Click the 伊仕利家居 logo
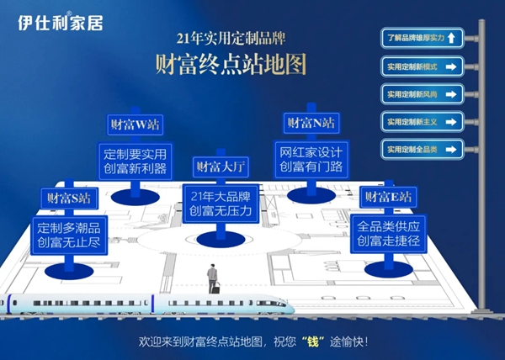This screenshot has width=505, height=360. [61, 22]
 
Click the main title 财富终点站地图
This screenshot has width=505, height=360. [231, 64]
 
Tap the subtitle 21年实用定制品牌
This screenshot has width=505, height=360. [231, 39]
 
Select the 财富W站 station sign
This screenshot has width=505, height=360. [136, 124]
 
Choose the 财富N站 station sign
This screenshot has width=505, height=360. [311, 123]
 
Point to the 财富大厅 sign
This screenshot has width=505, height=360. [221, 167]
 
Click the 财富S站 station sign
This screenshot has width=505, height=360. [69, 199]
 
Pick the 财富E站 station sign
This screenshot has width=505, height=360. [388, 197]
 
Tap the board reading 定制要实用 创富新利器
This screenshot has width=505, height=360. [136, 161]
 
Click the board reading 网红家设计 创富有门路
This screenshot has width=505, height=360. [311, 160]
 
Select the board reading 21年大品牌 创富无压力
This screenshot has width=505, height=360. [221, 204]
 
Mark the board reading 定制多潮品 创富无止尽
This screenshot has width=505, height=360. [69, 236]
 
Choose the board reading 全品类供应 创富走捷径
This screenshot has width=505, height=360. [388, 234]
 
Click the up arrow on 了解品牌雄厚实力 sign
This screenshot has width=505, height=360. [451, 38]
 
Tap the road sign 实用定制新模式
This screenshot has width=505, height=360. [423, 66]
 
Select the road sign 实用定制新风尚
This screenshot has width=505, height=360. [423, 94]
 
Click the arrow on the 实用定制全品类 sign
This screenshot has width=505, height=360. [451, 150]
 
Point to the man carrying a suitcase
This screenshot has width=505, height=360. [213, 278]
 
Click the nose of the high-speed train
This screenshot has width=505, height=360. [291, 307]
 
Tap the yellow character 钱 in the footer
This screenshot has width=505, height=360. [313, 341]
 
